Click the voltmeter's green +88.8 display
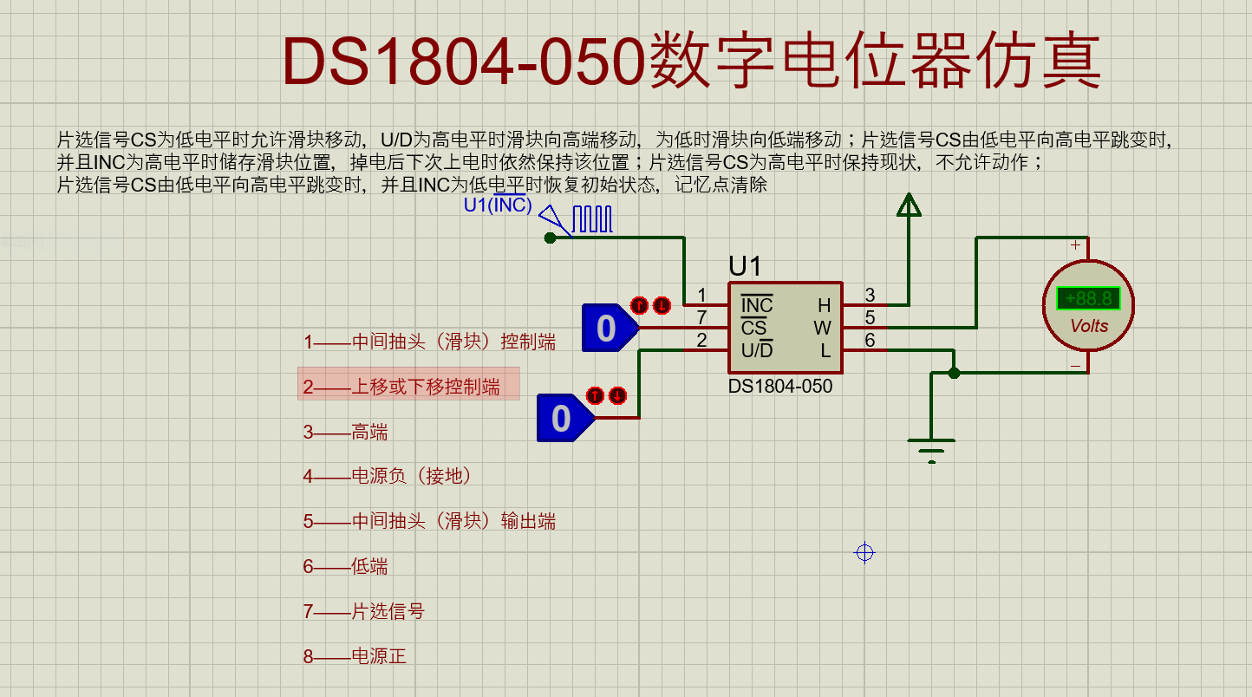coord(1087,298)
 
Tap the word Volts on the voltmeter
coord(1089,326)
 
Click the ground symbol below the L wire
coord(931,451)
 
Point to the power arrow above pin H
coord(909,205)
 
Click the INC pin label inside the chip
coord(757,304)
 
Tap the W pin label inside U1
coord(822,328)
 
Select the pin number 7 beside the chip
coord(702,317)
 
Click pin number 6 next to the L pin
coord(870,340)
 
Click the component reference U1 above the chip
coord(745,266)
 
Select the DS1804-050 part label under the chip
coord(780,387)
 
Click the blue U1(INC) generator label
coord(498,205)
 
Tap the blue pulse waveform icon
coord(592,219)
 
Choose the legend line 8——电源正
coord(355,656)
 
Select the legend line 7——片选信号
coord(364,611)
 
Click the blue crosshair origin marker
coord(864,553)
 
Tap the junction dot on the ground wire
coord(954,373)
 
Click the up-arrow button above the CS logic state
coord(639,305)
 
